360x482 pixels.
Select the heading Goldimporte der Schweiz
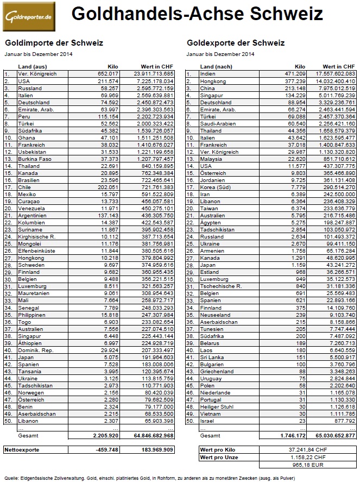pyautogui.click(x=53, y=42)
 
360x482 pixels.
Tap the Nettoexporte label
pyautogui.click(x=23, y=450)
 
